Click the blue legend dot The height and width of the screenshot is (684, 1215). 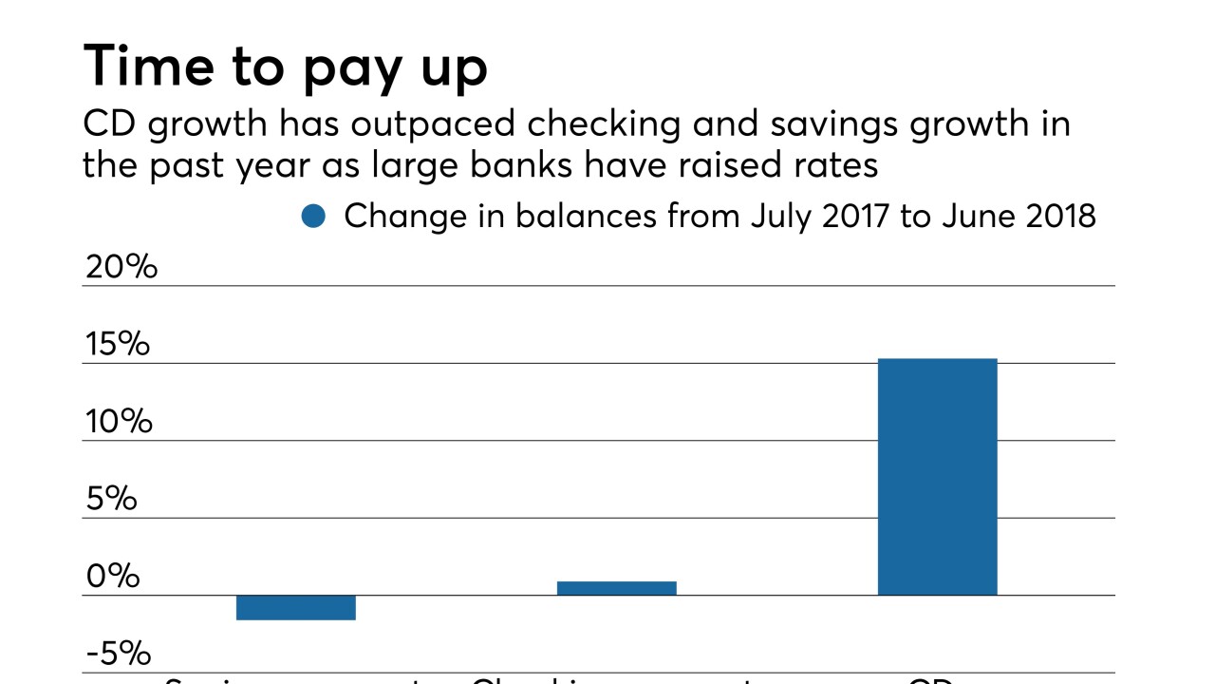(x=313, y=217)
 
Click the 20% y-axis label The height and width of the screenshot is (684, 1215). (x=121, y=267)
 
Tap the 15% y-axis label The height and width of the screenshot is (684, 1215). (x=118, y=345)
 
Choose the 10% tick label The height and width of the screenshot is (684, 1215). (x=119, y=422)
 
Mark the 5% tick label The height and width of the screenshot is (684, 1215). (x=111, y=500)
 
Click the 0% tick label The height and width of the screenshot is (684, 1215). (x=112, y=577)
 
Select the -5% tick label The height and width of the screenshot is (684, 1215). (x=118, y=655)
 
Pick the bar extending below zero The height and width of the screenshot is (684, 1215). (x=295, y=607)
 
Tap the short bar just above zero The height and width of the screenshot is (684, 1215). (x=616, y=588)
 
